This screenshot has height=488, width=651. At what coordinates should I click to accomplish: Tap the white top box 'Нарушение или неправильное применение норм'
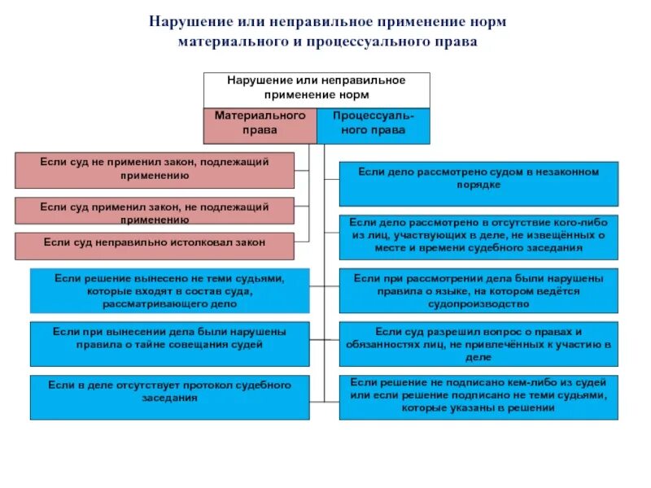click(316, 89)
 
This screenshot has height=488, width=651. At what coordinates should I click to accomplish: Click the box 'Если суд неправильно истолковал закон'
click(154, 243)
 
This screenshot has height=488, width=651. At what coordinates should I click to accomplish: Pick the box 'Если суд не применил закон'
click(154, 170)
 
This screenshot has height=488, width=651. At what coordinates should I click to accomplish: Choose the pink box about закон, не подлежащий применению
click(154, 211)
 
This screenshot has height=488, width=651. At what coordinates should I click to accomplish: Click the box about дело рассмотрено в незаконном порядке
click(478, 184)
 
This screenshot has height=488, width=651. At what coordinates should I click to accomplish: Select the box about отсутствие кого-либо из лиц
click(478, 235)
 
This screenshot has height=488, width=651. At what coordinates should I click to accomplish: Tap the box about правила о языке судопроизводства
click(478, 290)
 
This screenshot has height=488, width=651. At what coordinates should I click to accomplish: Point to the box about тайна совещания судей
click(169, 342)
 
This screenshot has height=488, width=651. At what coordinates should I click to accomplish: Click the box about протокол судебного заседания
click(169, 397)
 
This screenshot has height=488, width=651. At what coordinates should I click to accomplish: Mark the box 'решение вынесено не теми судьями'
click(169, 290)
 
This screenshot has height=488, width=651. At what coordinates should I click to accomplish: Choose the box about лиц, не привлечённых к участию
click(478, 343)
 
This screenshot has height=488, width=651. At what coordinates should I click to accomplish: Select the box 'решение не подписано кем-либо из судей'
click(478, 397)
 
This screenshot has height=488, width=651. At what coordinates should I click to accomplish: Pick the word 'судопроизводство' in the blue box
click(478, 304)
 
